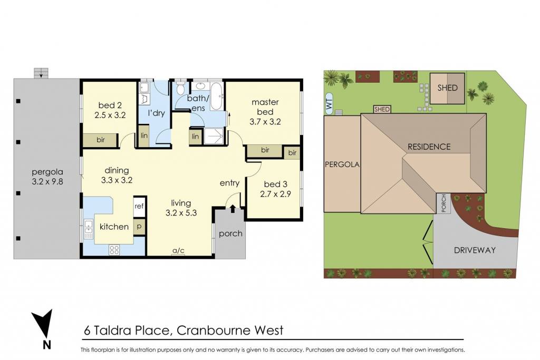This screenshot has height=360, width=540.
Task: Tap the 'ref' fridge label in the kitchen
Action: pyautogui.click(x=139, y=206)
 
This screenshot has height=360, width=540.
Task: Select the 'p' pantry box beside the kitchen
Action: pyautogui.click(x=139, y=227)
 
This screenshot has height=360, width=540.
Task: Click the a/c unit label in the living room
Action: pyautogui.click(x=178, y=250)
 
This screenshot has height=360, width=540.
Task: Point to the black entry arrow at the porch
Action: pyautogui.click(x=233, y=208)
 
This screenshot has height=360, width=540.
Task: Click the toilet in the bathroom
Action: pyautogui.click(x=180, y=88)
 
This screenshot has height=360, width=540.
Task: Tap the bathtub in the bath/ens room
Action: pyautogui.click(x=217, y=96)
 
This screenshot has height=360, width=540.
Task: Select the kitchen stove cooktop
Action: pyautogui.click(x=114, y=250)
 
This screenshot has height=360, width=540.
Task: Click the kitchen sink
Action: pyautogui.click(x=89, y=229)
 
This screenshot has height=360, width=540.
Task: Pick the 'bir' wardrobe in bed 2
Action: pyautogui.click(x=100, y=140)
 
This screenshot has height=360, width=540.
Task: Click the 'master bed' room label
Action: pyautogui.click(x=265, y=106)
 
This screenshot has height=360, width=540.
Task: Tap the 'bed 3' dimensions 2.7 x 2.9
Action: pyautogui.click(x=275, y=194)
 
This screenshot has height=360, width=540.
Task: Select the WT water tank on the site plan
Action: pyautogui.click(x=329, y=104)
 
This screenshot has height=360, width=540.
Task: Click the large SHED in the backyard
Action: pyautogui.click(x=447, y=88)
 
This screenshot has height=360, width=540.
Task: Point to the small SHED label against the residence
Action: pyautogui.click(x=382, y=110)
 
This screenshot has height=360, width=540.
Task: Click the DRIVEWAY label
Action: pyautogui.click(x=475, y=250)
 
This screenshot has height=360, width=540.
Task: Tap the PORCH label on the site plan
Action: pyautogui.click(x=443, y=203)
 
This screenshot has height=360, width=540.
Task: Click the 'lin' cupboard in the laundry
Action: pyautogui.click(x=144, y=135)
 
